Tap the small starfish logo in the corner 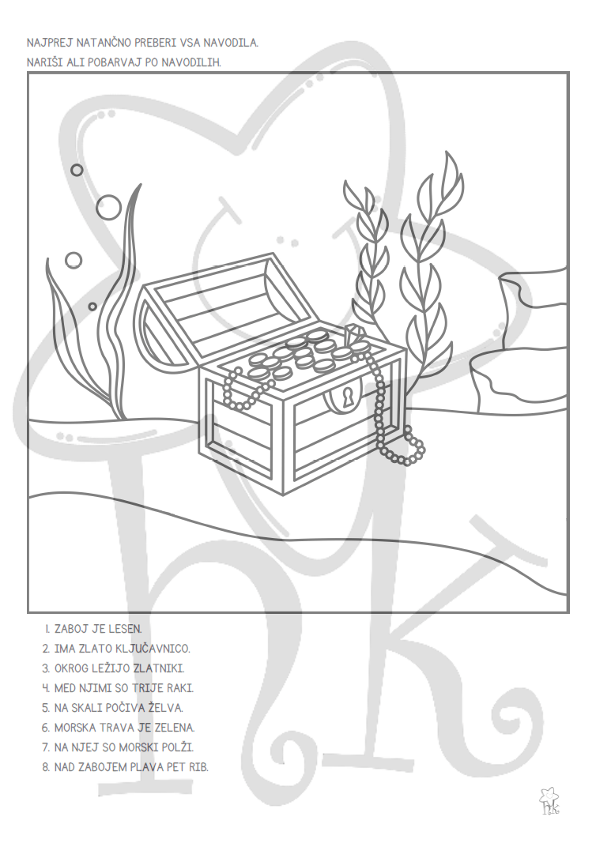coord(549,801)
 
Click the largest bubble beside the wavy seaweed coord(108,206)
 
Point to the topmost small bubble coord(77,170)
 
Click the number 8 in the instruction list coord(45,767)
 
